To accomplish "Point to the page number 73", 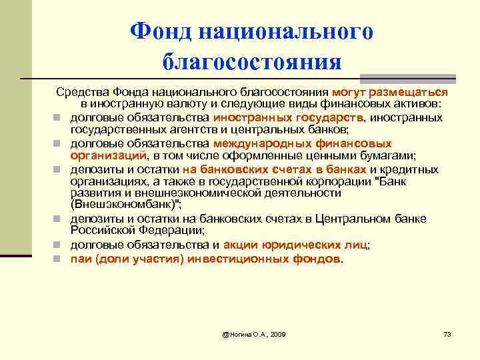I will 447,333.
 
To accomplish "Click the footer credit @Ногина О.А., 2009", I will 254,333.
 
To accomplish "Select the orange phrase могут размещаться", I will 393,93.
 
